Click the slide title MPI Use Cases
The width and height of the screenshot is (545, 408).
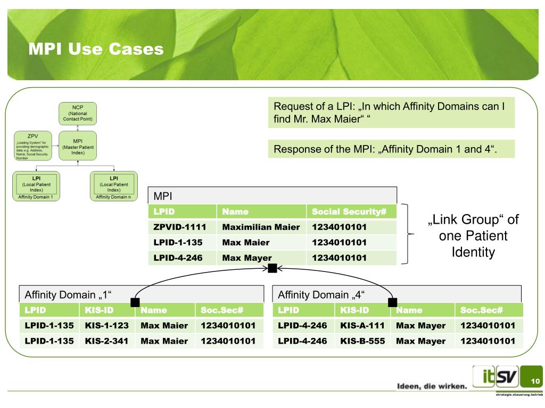pyautogui.click(x=96, y=49)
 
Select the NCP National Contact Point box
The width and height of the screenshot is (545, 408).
pyautogui.click(x=78, y=113)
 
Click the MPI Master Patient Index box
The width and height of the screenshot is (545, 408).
pyautogui.click(x=78, y=146)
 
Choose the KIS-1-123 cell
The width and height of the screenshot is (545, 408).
pyautogui.click(x=106, y=324)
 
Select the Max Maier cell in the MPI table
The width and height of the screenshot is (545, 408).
pyautogui.click(x=246, y=242)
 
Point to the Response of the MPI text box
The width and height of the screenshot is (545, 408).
pyautogui.click(x=392, y=148)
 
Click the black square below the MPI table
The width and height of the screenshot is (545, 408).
pyautogui.click(x=272, y=268)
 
